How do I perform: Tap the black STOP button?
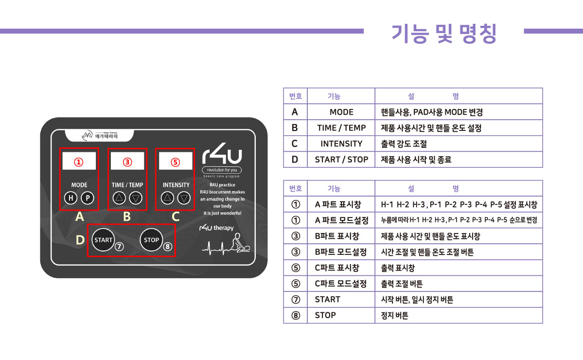[x=151, y=240]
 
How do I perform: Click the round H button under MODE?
[x=71, y=198]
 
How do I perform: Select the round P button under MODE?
[x=87, y=198]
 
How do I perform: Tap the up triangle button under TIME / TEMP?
[x=119, y=198]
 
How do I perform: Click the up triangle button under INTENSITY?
[x=167, y=198]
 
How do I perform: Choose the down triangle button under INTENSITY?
[x=183, y=198]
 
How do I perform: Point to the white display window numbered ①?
[x=79, y=162]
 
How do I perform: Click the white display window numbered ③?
[x=127, y=162]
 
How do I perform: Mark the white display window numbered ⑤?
[x=176, y=162]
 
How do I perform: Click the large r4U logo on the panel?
[x=222, y=157]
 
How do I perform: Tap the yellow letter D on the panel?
[x=80, y=240]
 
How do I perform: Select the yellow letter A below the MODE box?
[x=79, y=217]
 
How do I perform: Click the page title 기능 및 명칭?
[x=443, y=33]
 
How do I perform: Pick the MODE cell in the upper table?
[x=341, y=112]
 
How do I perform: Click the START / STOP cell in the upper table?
[x=341, y=160]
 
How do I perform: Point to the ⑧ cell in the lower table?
[x=296, y=315]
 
